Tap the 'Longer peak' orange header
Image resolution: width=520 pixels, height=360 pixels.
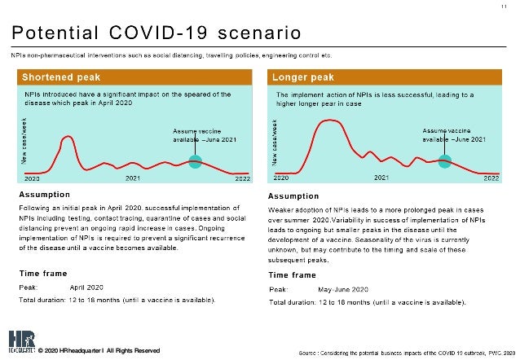[302, 77]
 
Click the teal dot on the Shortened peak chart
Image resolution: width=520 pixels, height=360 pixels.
[195, 161]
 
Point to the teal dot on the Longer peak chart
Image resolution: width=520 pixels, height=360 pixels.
[444, 160]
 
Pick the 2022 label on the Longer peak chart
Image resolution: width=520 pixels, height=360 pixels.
[491, 178]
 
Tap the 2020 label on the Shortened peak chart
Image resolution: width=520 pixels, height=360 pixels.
[32, 178]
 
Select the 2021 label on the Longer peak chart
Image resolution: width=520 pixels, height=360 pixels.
[381, 178]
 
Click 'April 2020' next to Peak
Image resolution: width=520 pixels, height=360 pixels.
[86, 288]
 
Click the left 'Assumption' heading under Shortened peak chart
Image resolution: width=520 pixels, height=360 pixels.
[46, 195]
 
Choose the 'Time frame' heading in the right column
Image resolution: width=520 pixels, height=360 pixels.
[293, 275]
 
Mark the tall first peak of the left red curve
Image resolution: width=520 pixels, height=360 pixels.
[68, 137]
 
